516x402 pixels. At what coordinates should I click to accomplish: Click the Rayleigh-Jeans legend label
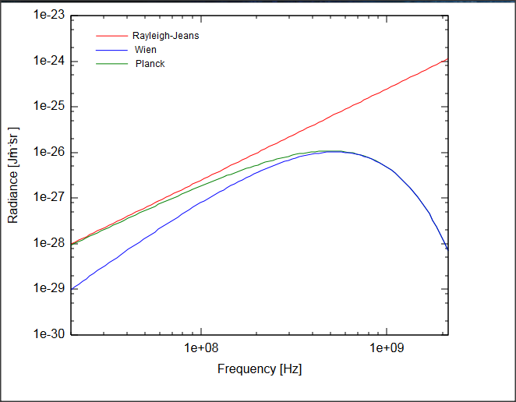[x=165, y=36]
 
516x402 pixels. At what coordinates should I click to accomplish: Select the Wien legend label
[x=146, y=50]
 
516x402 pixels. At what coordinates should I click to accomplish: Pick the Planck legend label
[x=150, y=64]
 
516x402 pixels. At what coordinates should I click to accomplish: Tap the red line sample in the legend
[x=111, y=36]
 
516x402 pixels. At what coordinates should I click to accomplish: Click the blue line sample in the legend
[x=111, y=50]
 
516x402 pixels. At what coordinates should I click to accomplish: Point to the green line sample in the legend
[x=111, y=64]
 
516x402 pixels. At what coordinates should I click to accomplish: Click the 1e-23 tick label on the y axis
[x=49, y=16]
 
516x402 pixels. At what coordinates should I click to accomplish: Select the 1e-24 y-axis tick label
[x=49, y=62]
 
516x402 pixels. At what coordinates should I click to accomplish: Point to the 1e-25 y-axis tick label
[x=49, y=107]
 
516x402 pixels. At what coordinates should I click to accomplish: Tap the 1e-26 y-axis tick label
[x=49, y=153]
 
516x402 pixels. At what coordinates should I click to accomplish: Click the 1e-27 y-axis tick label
[x=49, y=198]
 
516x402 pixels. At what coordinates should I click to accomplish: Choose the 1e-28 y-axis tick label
[x=49, y=243]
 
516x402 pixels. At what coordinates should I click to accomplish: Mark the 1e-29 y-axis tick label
[x=49, y=289]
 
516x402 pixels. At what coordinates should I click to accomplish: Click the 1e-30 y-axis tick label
[x=49, y=334]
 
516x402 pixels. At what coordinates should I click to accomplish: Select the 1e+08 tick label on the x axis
[x=202, y=347]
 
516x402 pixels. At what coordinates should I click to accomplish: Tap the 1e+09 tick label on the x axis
[x=387, y=347]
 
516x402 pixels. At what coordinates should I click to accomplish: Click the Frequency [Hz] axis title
[x=260, y=368]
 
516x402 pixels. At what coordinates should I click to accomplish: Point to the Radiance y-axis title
[x=13, y=175]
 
